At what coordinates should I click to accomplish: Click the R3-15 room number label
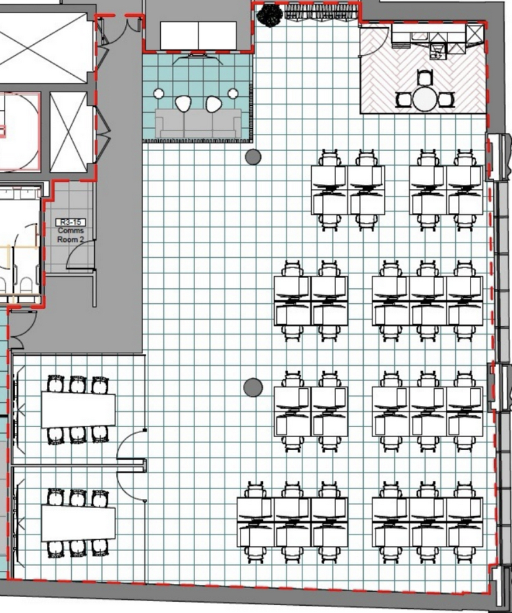coord(71,222)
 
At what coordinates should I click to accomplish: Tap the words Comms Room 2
coord(71,235)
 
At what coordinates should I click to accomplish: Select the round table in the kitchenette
coord(425,100)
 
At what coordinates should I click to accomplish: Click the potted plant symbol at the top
coord(270,15)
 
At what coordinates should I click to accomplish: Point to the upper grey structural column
coord(253,157)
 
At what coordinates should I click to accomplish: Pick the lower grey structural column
coord(253,388)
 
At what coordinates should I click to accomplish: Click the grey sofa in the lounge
coord(198,123)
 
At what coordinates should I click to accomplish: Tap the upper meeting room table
coord(78,410)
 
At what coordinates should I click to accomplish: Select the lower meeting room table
coord(78,522)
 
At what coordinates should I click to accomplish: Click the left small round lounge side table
coord(159,94)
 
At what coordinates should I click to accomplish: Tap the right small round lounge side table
coord(233,94)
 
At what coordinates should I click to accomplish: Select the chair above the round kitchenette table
coord(424,77)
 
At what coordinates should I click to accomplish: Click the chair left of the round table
coord(404,100)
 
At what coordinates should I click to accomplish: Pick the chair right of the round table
coord(446,100)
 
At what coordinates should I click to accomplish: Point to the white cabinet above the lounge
coord(198,35)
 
